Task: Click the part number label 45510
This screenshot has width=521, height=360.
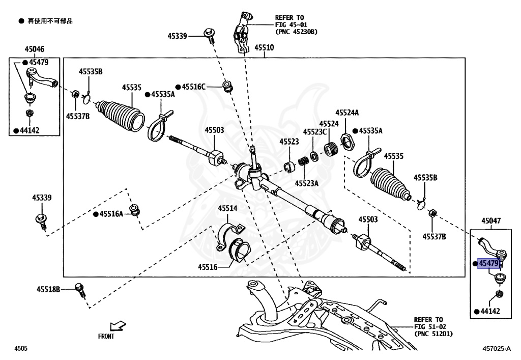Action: point(264,48)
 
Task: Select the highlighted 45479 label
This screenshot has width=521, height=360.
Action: point(488,263)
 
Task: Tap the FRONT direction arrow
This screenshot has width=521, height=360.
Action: point(118,325)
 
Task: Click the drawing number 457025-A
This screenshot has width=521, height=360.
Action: point(497,349)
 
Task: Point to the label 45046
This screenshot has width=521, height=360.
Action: point(34,49)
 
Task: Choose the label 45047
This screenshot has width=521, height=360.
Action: point(490,221)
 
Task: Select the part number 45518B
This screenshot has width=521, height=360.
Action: point(48,289)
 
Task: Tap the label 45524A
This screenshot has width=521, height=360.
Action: point(346,113)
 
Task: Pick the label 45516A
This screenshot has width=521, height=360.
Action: point(111,214)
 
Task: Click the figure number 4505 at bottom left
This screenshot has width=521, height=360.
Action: point(21,349)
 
